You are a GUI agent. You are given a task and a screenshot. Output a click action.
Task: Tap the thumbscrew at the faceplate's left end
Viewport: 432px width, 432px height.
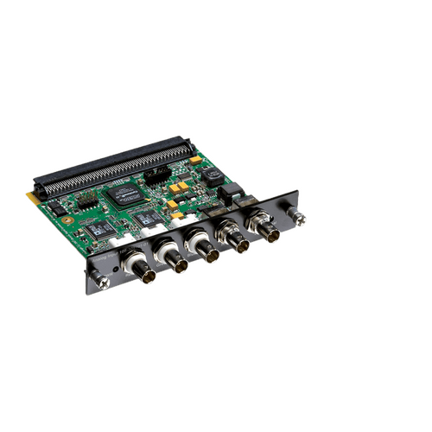pyautogui.click(x=100, y=279)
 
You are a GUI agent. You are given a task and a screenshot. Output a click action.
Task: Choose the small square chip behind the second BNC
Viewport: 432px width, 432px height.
pyautogui.click(x=149, y=219)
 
